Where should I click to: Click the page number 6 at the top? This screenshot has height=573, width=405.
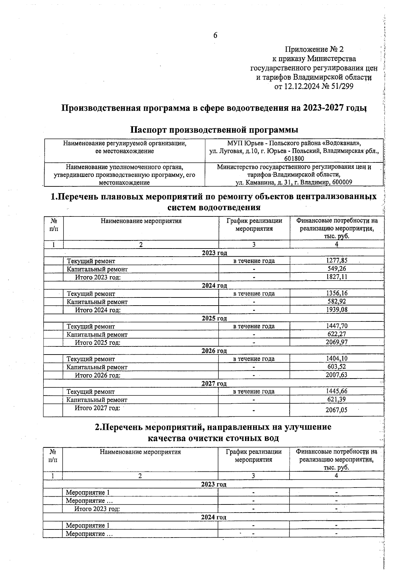click(x=215, y=35)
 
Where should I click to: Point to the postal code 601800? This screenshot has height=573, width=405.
click(x=294, y=159)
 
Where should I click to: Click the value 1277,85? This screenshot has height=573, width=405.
click(x=336, y=260)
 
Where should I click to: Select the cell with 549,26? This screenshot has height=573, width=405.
click(x=336, y=269)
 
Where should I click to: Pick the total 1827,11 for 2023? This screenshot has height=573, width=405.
click(x=336, y=277)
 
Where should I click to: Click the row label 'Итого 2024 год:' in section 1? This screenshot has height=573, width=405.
click(x=98, y=310)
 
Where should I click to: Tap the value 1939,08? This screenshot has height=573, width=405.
click(x=336, y=310)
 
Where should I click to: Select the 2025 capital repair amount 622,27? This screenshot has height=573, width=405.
click(x=336, y=334)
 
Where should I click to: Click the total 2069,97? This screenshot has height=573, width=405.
click(x=336, y=342)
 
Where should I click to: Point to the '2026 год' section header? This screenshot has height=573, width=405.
click(x=214, y=351)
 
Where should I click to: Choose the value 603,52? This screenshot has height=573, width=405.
click(x=336, y=367)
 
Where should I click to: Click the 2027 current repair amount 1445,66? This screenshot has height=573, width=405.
click(x=336, y=391)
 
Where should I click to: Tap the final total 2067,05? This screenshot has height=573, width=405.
click(x=336, y=410)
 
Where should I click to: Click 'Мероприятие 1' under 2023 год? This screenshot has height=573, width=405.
click(x=87, y=493)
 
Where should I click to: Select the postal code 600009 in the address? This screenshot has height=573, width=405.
click(x=342, y=182)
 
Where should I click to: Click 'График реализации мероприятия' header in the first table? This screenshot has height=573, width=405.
click(x=254, y=225)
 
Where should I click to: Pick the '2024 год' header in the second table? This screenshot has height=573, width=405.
click(x=213, y=517)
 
